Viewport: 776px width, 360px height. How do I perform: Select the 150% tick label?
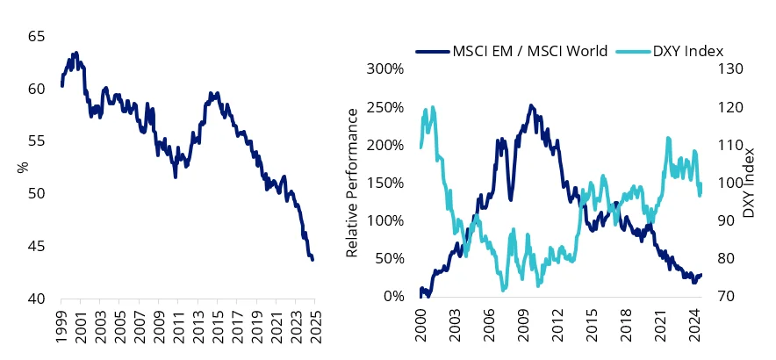[x=387, y=183]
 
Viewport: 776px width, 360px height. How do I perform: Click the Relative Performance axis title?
[x=352, y=183]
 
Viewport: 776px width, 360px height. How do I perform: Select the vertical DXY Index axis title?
[x=748, y=183]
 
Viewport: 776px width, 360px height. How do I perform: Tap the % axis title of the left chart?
[x=24, y=167]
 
